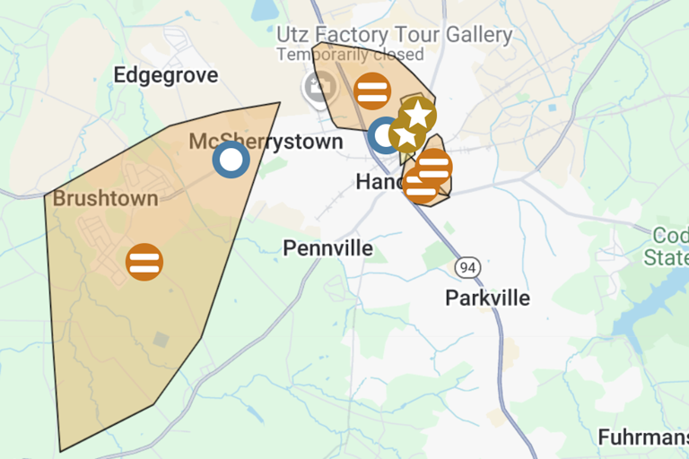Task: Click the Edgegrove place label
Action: click(166, 75)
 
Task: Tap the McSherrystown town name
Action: click(266, 142)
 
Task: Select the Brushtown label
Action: click(106, 198)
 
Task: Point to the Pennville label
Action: click(327, 248)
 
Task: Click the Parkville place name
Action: click(487, 298)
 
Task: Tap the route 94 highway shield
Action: click(467, 267)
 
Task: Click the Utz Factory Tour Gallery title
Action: click(394, 36)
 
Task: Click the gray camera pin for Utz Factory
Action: click(317, 86)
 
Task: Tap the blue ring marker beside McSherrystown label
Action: click(231, 160)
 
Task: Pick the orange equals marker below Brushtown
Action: click(144, 262)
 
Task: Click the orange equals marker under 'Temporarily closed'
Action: click(371, 91)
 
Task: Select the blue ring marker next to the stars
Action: click(385, 135)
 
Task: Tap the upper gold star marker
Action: click(418, 113)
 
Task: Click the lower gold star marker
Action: click(406, 136)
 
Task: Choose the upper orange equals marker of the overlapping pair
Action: click(434, 166)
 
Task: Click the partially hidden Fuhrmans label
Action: click(642, 438)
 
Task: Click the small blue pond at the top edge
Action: click(266, 9)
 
